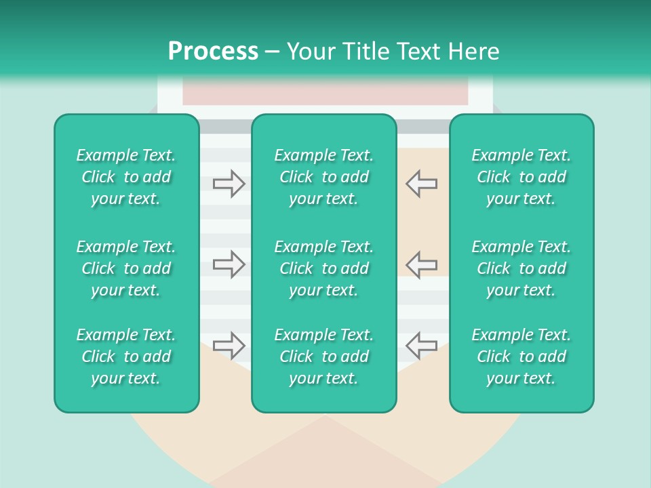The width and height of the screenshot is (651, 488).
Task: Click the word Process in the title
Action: [213, 52]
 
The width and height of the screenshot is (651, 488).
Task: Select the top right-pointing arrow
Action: [229, 184]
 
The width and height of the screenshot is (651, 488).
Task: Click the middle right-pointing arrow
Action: [229, 264]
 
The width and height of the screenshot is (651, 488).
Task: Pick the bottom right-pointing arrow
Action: [229, 346]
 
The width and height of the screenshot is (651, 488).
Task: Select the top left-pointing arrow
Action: [421, 184]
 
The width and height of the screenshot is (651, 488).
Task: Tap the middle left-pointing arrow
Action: [421, 264]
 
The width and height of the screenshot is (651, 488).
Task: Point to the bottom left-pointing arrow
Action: [421, 346]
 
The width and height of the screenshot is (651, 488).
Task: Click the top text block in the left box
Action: [126, 177]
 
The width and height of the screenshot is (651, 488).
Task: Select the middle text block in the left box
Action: [126, 268]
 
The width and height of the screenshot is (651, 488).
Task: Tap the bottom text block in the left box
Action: [126, 357]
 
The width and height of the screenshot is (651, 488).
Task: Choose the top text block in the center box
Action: [323, 177]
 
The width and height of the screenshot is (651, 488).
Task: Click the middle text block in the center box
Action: [323, 268]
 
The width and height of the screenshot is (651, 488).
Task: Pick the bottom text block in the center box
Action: [323, 357]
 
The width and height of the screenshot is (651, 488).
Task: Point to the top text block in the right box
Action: [521, 177]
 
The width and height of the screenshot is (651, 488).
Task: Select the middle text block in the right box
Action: [521, 268]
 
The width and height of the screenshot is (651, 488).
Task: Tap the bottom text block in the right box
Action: [521, 357]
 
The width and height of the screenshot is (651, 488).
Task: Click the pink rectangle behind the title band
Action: [325, 94]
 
